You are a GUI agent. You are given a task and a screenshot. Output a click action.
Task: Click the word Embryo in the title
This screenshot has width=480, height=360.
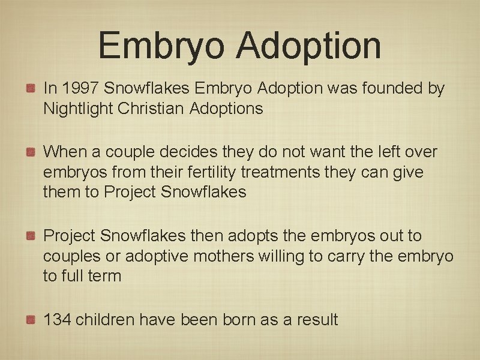[x=163, y=46]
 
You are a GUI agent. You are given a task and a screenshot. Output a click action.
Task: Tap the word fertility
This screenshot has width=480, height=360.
[x=211, y=172]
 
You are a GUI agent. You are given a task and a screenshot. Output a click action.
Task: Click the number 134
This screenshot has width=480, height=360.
[x=56, y=320]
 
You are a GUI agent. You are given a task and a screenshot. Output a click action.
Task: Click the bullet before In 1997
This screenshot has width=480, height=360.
[x=29, y=89]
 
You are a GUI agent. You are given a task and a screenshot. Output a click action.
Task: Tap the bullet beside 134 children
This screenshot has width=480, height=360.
[x=29, y=320]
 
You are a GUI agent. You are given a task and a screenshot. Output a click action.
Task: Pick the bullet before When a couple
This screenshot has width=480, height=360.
[x=29, y=152]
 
